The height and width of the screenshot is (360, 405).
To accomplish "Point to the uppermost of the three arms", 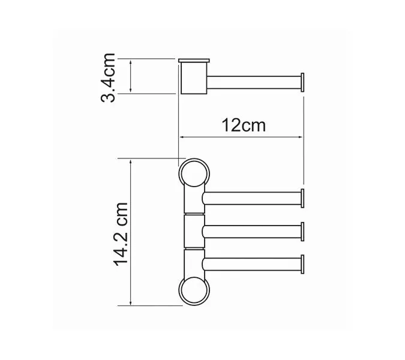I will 252,198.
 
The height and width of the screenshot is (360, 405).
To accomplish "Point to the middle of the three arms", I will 252,231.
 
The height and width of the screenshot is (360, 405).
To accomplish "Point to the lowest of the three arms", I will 252,264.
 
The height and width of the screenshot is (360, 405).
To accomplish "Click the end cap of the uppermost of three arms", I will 303,198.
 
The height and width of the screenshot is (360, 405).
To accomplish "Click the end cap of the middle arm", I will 303,231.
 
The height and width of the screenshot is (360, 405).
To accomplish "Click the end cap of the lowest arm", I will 303,264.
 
